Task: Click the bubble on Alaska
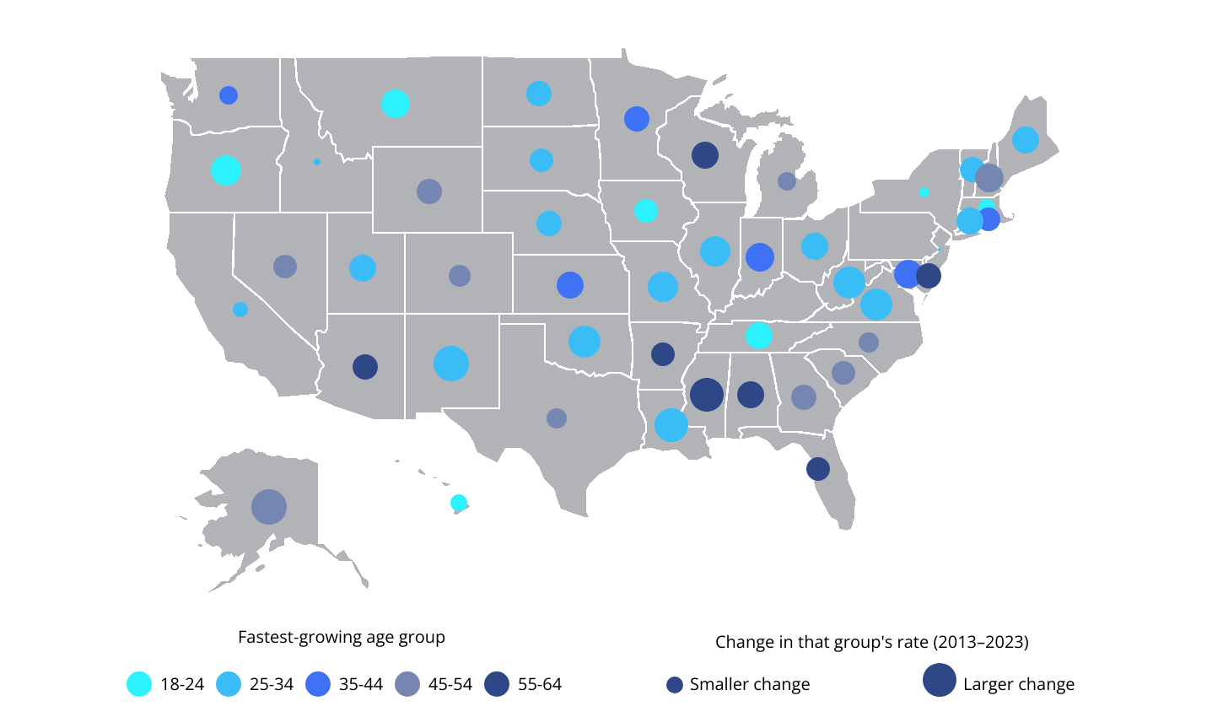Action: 269,507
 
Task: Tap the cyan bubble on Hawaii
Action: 459,503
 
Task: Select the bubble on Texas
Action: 557,418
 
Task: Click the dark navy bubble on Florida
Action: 818,469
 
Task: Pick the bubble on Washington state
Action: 229,95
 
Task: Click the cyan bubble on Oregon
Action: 226,170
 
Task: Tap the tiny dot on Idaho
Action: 317,162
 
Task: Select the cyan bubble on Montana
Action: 396,104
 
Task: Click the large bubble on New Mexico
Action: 451,364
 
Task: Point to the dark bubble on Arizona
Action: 365,367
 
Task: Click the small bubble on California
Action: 240,310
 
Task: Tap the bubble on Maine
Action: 1026,140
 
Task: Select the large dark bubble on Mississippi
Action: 707,394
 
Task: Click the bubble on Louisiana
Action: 671,425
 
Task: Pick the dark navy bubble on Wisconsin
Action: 705,155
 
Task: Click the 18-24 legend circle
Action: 139,684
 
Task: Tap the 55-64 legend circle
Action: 498,684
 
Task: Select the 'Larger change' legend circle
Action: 940,680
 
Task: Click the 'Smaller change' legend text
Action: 749,684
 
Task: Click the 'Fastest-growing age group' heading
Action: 342,637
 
